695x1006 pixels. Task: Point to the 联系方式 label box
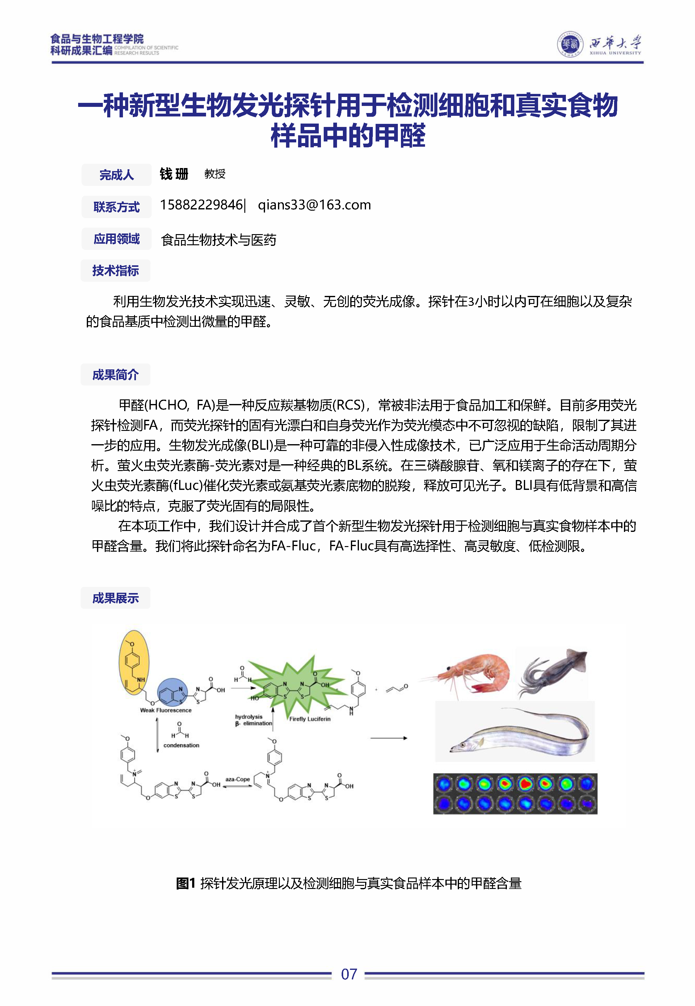pyautogui.click(x=116, y=207)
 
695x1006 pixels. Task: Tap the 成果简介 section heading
pyautogui.click(x=116, y=374)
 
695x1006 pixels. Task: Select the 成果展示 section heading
pyautogui.click(x=116, y=598)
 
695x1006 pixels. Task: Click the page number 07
pyautogui.click(x=349, y=974)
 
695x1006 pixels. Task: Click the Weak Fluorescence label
pyautogui.click(x=166, y=710)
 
